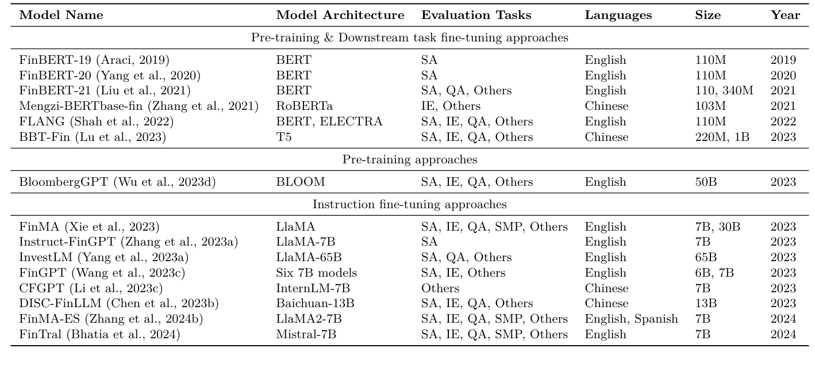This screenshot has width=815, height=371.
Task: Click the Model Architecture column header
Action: pos(340,16)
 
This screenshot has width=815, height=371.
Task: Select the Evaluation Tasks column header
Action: pos(476,16)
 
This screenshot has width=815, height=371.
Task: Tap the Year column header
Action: pos(785,16)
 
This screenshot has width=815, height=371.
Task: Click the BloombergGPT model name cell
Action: pos(117,182)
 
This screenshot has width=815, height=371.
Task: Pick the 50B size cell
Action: pos(706,182)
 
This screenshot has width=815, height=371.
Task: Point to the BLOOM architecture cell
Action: pos(300,182)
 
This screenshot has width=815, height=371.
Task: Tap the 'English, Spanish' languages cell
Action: pos(631,319)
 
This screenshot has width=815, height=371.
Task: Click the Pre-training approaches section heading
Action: pos(409,160)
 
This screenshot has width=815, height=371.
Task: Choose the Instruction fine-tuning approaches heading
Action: pos(409,205)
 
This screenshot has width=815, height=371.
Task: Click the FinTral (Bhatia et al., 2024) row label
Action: pos(99,335)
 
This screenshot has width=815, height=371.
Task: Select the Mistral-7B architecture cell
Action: pos(306,335)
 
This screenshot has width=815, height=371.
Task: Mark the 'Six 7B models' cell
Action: pos(316,273)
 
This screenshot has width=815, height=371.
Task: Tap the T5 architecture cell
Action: pos(283,137)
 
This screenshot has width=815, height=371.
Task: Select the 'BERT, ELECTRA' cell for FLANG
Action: pos(329,122)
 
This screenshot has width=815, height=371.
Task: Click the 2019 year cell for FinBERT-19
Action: pos(783,60)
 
